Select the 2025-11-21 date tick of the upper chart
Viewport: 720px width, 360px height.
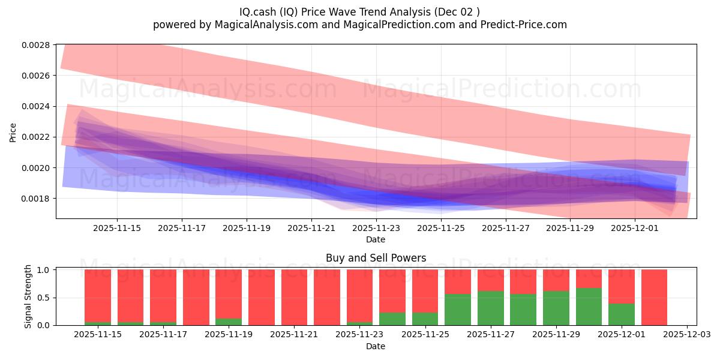pyautogui.click(x=311, y=228)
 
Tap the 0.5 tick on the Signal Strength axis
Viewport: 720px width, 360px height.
pyautogui.click(x=45, y=298)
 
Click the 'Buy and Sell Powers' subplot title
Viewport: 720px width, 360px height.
pyautogui.click(x=376, y=258)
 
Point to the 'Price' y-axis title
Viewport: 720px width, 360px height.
pyautogui.click(x=13, y=133)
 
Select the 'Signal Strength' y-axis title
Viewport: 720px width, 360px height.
pyautogui.click(x=28, y=296)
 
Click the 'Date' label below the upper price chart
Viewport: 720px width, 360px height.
pyautogui.click(x=376, y=239)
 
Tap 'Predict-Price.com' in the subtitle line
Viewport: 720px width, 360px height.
pyautogui.click(x=527, y=25)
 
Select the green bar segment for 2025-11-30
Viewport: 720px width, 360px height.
pyautogui.click(x=589, y=307)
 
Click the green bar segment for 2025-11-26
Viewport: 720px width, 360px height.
pyautogui.click(x=458, y=310)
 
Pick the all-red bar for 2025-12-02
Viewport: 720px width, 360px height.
pyautogui.click(x=654, y=297)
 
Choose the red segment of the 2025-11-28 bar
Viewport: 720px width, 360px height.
pyautogui.click(x=523, y=281)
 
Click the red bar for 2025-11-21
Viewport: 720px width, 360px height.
pyautogui.click(x=294, y=297)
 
